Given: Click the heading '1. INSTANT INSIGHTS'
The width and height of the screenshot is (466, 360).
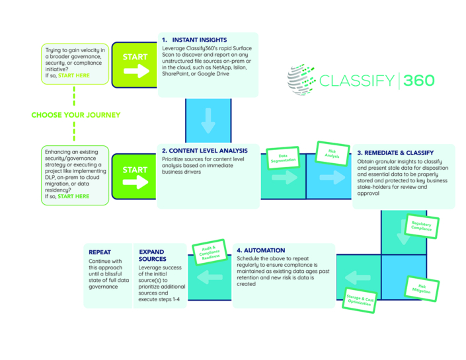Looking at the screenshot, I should point(196,40).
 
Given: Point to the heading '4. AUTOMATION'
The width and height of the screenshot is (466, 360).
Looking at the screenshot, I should point(260,250).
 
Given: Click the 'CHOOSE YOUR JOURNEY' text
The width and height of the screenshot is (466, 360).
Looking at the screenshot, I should point(76,115).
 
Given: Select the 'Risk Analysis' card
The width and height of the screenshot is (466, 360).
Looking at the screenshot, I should point(331,154).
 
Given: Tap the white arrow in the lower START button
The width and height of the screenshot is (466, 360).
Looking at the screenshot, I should point(136,184).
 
